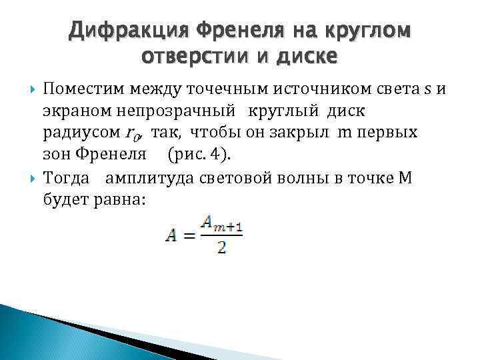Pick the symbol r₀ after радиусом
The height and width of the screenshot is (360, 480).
coord(133,133)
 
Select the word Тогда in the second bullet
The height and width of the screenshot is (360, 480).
coord(65,177)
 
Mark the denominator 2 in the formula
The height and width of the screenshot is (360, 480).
coord(221,249)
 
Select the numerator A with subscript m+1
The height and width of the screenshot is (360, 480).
coord(221,227)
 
